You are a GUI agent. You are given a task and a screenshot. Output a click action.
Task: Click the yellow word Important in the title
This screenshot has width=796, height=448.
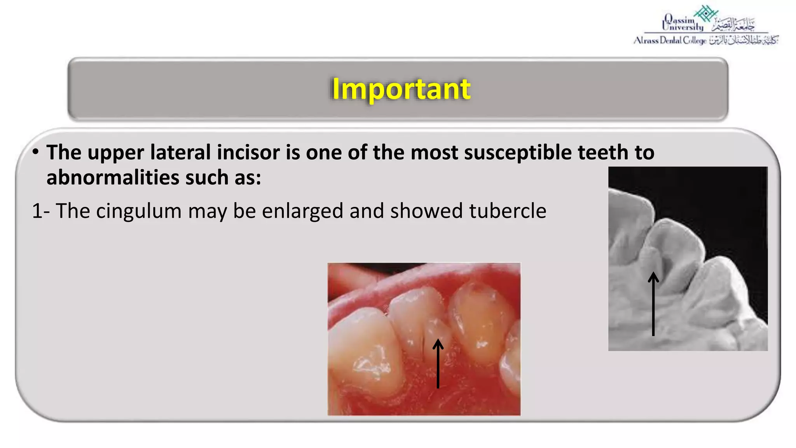(x=401, y=89)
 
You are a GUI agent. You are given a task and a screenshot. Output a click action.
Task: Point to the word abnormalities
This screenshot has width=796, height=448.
(x=112, y=178)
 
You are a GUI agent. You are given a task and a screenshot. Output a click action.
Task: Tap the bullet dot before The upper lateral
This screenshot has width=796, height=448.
(x=35, y=152)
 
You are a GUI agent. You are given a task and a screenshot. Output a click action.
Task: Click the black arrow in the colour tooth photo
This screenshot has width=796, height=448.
(x=438, y=363)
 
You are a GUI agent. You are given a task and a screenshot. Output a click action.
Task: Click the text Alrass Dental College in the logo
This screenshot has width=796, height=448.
(x=670, y=40)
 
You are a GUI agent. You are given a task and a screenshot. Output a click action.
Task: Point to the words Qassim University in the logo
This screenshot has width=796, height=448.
(x=683, y=23)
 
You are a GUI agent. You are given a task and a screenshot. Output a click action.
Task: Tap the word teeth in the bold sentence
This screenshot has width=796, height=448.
(x=603, y=152)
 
